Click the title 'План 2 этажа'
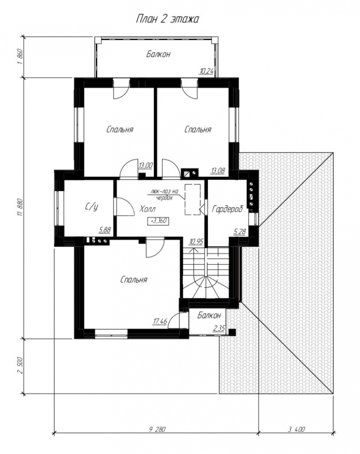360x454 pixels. [x=167, y=19]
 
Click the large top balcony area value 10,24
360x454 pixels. [x=206, y=71]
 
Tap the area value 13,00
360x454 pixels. [x=145, y=165]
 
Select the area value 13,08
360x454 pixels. [x=218, y=171]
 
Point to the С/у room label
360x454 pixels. [x=92, y=207]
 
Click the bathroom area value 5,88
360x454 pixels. [x=105, y=230]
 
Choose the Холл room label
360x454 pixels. [x=148, y=209]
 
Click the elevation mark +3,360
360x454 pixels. [x=158, y=221]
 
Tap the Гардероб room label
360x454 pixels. [x=227, y=209]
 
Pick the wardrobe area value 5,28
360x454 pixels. [x=240, y=232]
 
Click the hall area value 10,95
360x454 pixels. [x=196, y=241]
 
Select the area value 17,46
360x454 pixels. [x=160, y=321]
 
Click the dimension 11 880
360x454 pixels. [x=20, y=208]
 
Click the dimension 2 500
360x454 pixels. [x=20, y=366]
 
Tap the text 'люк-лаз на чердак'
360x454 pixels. [x=164, y=195]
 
